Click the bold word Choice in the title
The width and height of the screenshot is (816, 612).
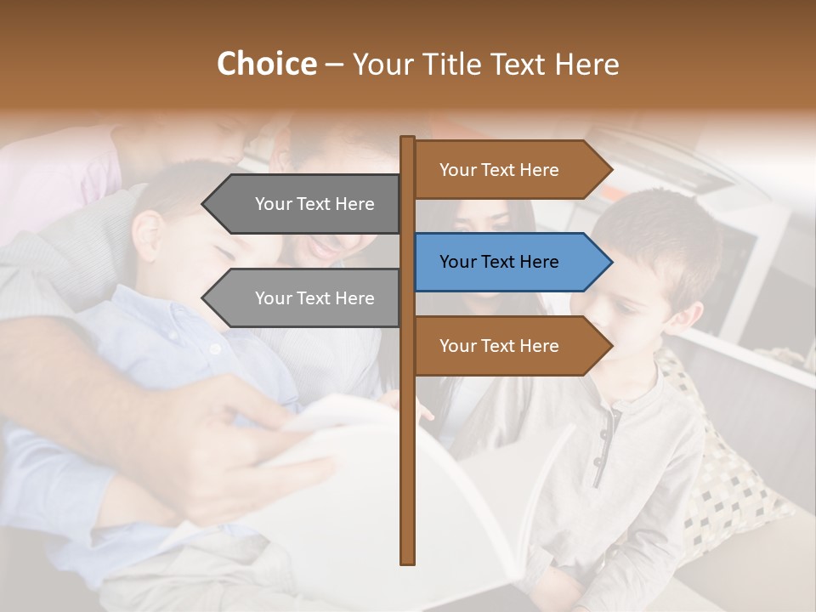point(266,64)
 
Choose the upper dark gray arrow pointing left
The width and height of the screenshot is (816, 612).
point(306,204)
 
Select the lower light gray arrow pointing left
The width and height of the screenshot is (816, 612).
point(306,298)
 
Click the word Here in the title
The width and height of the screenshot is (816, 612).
point(586,64)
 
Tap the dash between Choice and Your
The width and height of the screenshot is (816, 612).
point(334,65)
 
